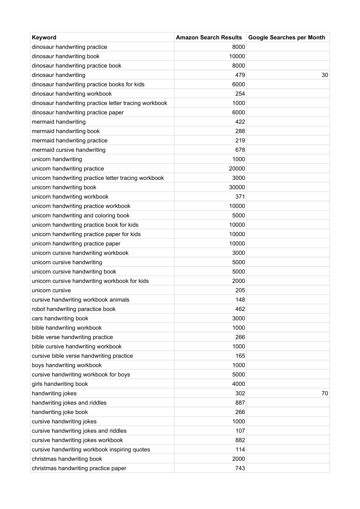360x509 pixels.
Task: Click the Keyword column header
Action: [44, 38]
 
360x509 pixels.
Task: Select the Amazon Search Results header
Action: [209, 38]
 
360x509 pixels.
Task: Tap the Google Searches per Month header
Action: [287, 38]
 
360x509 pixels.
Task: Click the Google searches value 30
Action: [325, 75]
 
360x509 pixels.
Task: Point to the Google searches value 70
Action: [325, 393]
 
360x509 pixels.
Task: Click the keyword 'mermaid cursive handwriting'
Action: [69, 150]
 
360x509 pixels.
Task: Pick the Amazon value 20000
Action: [237, 169]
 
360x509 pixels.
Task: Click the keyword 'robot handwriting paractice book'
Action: [74, 309]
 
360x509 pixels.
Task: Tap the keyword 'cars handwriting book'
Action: [60, 319]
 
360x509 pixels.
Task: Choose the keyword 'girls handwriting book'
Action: [60, 384]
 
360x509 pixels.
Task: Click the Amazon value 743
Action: [240, 468]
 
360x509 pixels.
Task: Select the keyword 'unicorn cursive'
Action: [51, 290]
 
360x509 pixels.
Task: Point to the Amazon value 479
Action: [240, 75]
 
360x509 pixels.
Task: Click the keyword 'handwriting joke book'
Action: [60, 412]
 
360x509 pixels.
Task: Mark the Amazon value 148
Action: [240, 300]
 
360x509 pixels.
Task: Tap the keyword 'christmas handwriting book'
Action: [67, 459]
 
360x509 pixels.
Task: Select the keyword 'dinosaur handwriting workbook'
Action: [72, 94]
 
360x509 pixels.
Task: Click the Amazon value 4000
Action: [238, 384]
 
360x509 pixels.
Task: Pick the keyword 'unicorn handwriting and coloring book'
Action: [81, 215]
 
